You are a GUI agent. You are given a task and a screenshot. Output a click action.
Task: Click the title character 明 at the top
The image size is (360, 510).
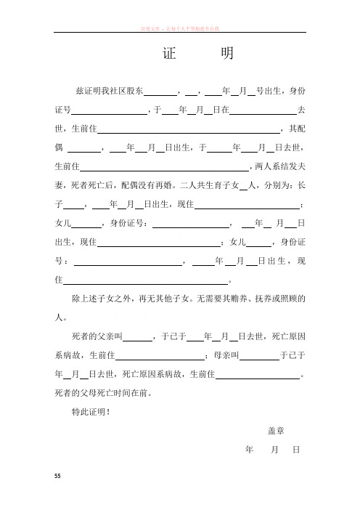coord(225,55)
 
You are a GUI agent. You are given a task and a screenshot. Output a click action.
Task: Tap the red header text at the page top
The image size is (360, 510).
coord(181,28)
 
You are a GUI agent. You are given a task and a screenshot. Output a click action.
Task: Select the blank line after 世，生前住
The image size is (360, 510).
coord(189,129)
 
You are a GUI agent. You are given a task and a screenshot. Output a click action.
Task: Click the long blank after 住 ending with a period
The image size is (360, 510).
coord(146,280)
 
